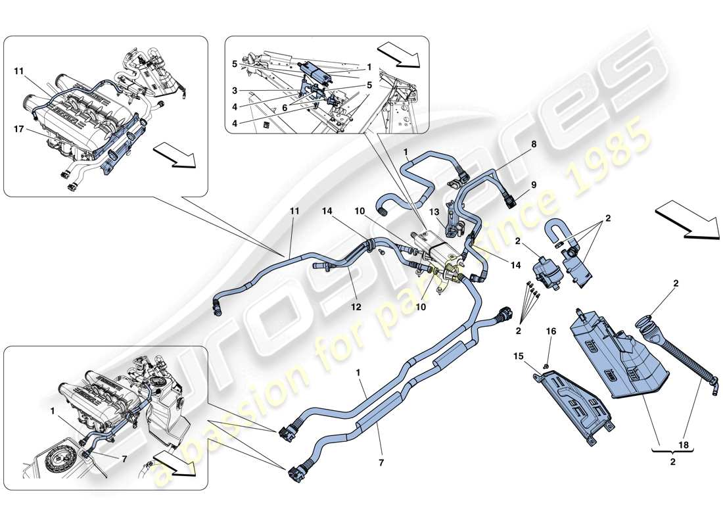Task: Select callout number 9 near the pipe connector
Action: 534,185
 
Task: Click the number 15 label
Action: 519,356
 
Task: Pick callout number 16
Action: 551,332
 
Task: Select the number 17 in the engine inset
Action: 20,130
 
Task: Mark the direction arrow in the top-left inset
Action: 174,156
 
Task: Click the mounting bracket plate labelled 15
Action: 572,403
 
